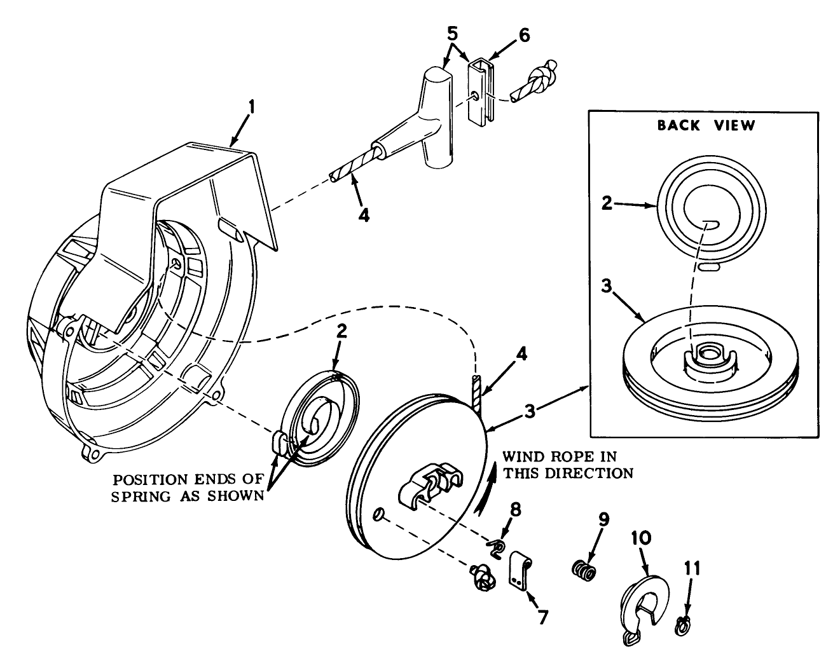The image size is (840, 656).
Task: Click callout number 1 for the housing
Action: [251, 107]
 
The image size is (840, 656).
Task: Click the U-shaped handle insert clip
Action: [482, 90]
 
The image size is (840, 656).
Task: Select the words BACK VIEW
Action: [706, 125]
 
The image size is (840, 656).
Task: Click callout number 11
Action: [692, 568]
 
